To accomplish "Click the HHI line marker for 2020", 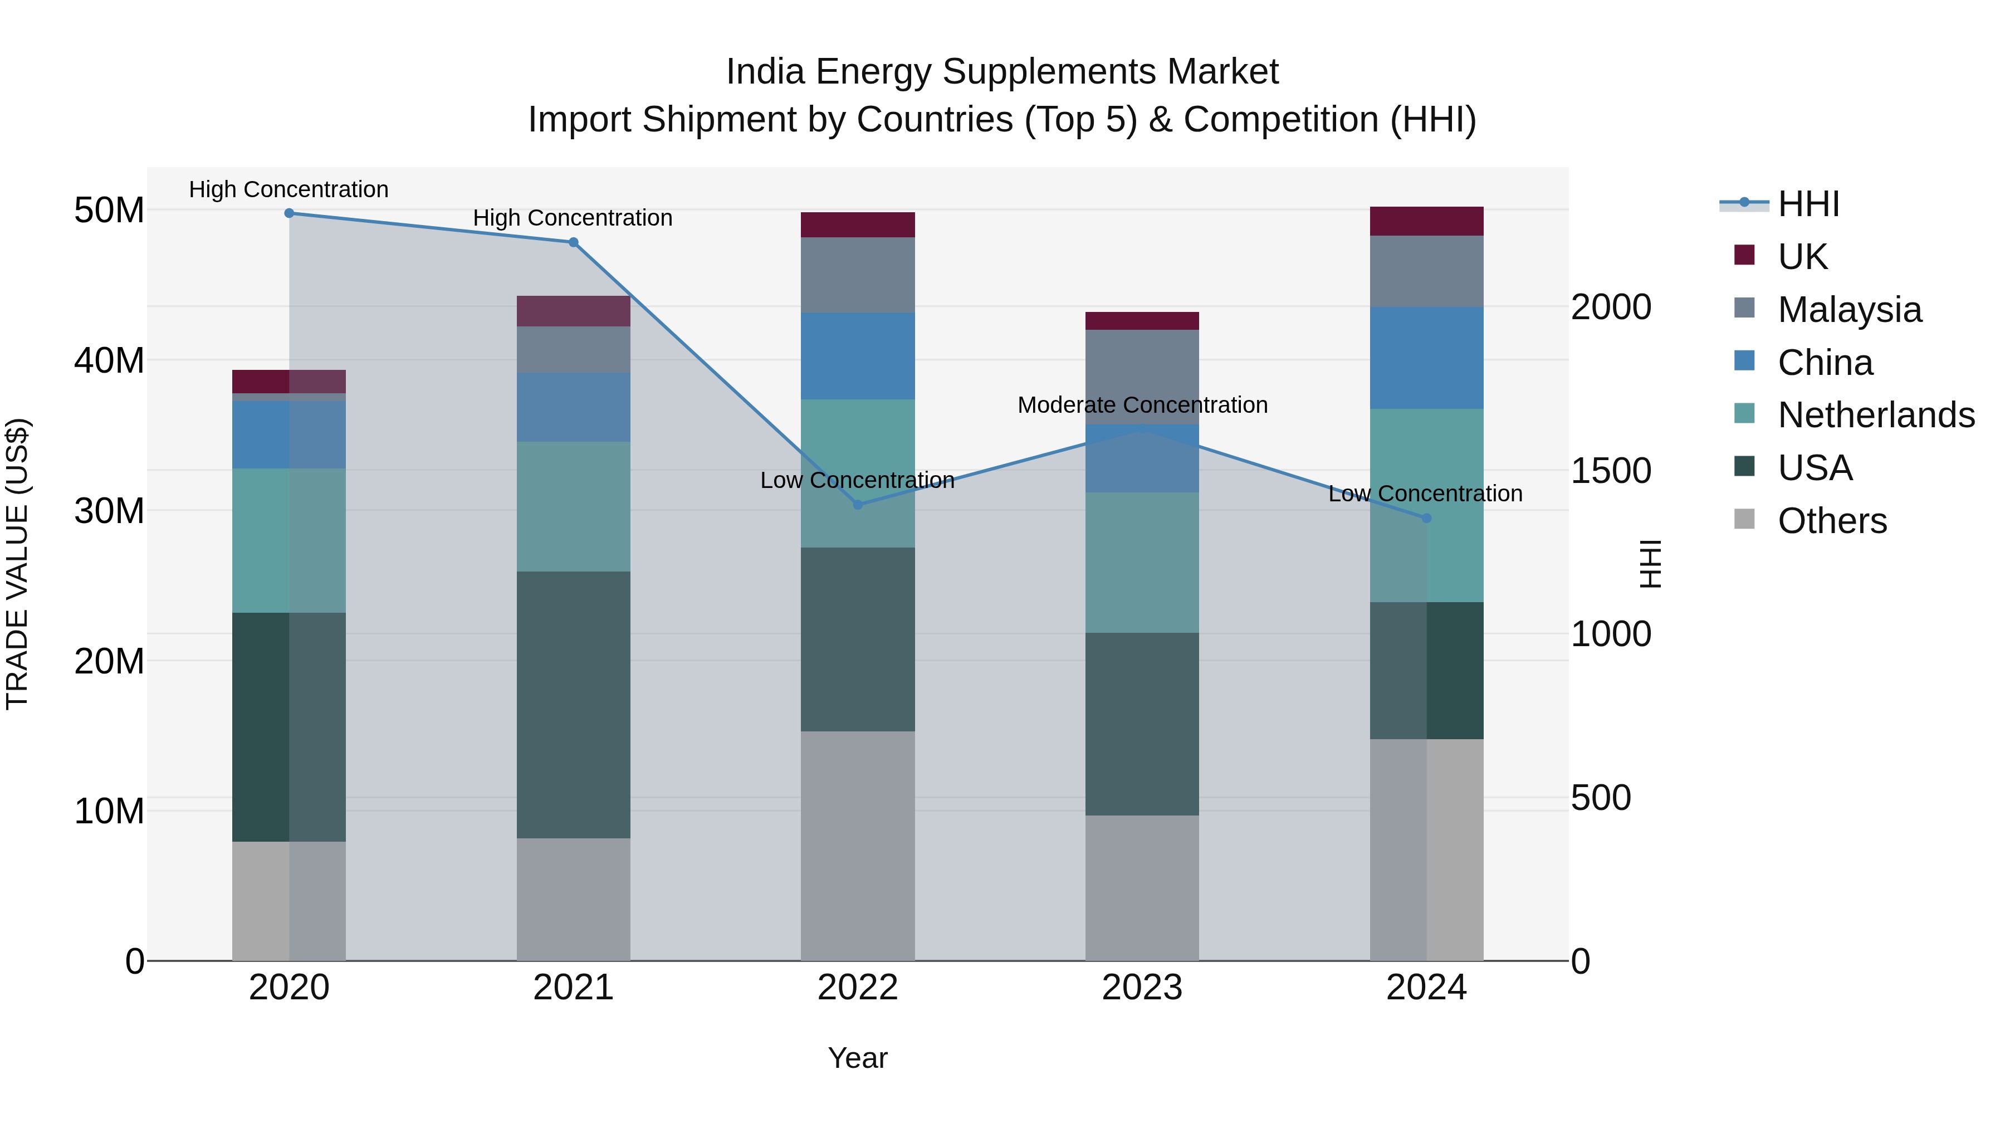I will (x=288, y=213).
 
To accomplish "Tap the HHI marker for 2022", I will (x=858, y=505).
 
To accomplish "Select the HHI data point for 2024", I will (x=1426, y=517).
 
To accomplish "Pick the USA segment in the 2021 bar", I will (x=573, y=705).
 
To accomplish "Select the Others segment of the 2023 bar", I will (x=1142, y=887).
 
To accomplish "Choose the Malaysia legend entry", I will (x=1848, y=310).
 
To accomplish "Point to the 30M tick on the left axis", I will (x=109, y=511).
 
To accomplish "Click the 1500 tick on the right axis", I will (x=1610, y=470).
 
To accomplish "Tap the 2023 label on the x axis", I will (x=1142, y=988).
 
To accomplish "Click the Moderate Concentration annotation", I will (x=1142, y=405).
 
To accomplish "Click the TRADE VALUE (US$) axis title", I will (x=17, y=564).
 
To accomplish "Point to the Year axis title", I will (x=858, y=1058).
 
